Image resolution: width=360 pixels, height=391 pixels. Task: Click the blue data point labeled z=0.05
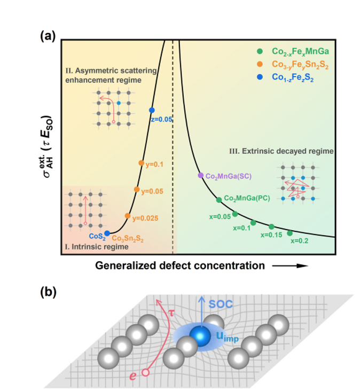pos(152,110)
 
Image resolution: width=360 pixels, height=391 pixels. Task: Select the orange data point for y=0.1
pos(141,163)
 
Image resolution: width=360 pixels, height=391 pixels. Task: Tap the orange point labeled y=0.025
pos(128,216)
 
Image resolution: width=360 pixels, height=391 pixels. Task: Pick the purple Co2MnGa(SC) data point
pos(200,175)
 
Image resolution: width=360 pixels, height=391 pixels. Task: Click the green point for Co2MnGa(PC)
pos(218,200)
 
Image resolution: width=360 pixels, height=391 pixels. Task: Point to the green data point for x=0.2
pos(289,233)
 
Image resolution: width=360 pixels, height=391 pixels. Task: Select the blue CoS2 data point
pos(107,233)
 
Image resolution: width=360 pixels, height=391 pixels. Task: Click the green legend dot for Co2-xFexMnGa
pos(260,51)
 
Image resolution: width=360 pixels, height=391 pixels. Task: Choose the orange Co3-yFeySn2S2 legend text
pos(300,64)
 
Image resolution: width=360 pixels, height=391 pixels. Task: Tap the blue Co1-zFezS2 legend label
pos(293,77)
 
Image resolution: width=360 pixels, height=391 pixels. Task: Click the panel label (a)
pos(48,36)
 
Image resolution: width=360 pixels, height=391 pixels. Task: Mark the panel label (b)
pos(48,292)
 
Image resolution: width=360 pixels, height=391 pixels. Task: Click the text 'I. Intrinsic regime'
pos(97,247)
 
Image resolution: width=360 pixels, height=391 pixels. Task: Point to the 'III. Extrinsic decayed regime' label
pos(281,151)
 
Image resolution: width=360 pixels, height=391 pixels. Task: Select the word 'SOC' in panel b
pos(221,304)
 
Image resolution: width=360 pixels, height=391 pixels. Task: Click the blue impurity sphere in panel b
pos(200,336)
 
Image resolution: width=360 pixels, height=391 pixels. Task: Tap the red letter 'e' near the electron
pos(133,376)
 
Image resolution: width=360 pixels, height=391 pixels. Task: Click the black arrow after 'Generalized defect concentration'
pos(290,266)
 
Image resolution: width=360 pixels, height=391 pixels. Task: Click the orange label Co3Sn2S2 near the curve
pos(128,238)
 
